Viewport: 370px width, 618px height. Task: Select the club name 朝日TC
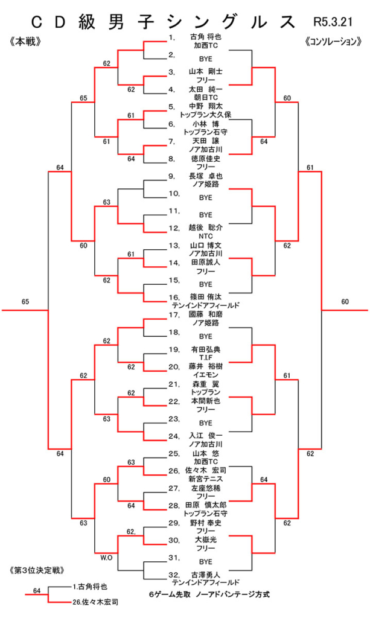[x=205, y=97]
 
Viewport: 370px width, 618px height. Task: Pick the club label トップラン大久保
[x=205, y=114]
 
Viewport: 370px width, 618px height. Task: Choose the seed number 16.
[x=174, y=298]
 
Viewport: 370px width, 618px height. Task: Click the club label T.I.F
[x=205, y=358]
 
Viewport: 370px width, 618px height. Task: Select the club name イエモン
[x=205, y=375]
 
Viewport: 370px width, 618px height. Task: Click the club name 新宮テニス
[x=205, y=479]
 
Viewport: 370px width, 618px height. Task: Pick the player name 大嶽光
[x=205, y=540]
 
